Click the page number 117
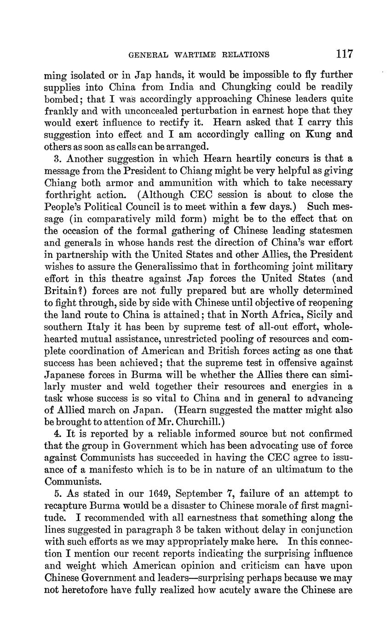[344, 54]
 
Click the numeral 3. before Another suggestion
[58, 159]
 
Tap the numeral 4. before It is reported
[58, 434]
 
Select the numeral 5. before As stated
[58, 494]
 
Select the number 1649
[160, 494]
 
